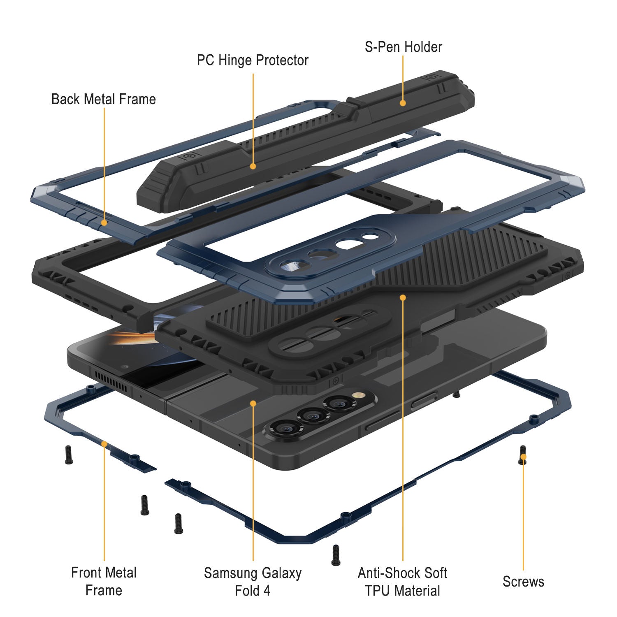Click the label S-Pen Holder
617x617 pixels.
click(403, 47)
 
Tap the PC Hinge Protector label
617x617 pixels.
click(253, 60)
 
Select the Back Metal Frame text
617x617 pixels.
click(104, 99)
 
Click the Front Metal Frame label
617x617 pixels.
click(104, 581)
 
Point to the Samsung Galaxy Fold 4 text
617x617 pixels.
click(253, 582)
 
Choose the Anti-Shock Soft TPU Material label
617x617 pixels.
click(402, 582)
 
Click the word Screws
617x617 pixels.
click(523, 582)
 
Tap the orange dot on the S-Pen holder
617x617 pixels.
click(403, 103)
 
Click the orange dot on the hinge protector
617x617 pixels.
click(253, 166)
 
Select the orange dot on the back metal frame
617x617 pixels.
click(104, 223)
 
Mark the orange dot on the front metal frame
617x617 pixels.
click(104, 444)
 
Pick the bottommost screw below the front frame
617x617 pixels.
click(336, 555)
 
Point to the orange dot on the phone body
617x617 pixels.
click(253, 404)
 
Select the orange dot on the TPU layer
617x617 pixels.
click(403, 297)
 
